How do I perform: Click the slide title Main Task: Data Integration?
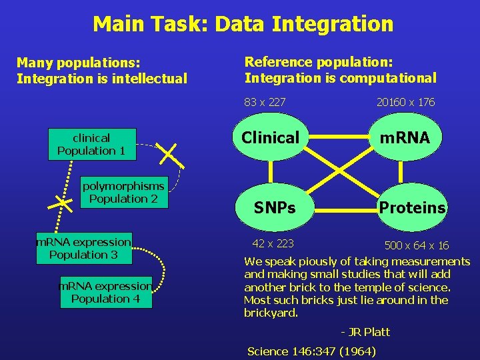click(x=243, y=25)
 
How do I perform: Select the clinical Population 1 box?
click(x=92, y=144)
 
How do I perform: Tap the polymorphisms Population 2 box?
click(x=123, y=192)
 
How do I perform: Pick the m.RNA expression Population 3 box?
click(x=83, y=248)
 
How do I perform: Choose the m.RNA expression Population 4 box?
click(x=105, y=292)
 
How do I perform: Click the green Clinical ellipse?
click(x=270, y=138)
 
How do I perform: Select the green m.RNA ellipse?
click(x=405, y=138)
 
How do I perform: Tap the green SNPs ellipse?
click(x=274, y=208)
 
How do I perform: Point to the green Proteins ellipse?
click(x=412, y=208)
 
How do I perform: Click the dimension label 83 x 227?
click(x=265, y=102)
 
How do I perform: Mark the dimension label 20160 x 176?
click(x=405, y=102)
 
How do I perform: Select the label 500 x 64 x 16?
click(x=416, y=245)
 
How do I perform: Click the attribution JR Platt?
click(x=365, y=332)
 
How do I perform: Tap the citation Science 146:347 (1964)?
click(x=311, y=351)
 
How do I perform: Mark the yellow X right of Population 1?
click(x=173, y=154)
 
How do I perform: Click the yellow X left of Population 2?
click(x=63, y=201)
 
